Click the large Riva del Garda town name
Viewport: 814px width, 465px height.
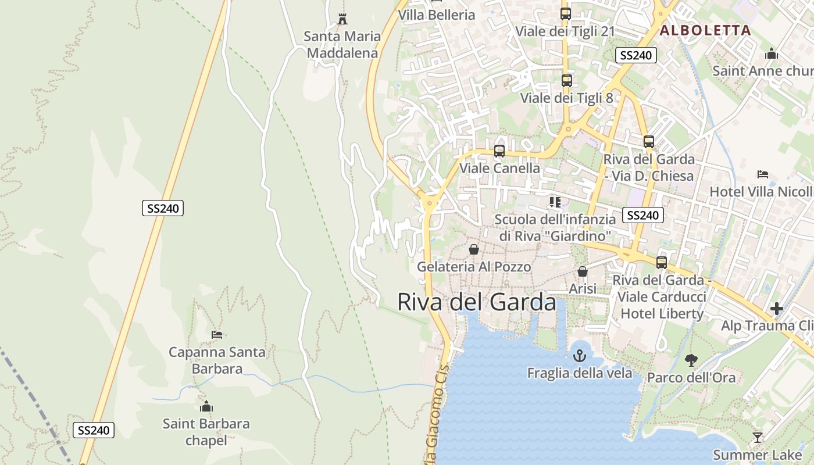point(477,302)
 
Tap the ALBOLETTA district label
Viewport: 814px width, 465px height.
point(705,30)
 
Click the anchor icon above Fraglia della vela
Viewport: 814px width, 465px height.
point(580,355)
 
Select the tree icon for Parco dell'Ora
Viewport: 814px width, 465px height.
point(691,360)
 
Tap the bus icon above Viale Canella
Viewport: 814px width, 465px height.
point(499,151)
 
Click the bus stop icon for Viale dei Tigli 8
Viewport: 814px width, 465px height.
point(566,81)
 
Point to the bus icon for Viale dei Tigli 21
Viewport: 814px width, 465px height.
point(565,14)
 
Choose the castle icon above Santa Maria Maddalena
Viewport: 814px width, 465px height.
point(342,19)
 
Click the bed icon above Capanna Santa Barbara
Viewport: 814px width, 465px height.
point(217,335)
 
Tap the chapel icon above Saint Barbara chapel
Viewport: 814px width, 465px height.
point(206,406)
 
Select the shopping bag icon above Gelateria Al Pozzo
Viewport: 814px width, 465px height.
point(474,249)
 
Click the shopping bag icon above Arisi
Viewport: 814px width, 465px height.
point(583,271)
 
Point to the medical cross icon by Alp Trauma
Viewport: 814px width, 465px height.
point(777,309)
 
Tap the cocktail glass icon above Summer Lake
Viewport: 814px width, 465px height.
point(757,438)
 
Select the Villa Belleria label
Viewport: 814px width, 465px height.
point(437,15)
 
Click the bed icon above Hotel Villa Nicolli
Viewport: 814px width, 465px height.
point(763,174)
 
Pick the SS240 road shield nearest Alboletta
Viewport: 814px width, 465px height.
point(636,55)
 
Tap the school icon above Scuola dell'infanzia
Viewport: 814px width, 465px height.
point(555,202)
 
